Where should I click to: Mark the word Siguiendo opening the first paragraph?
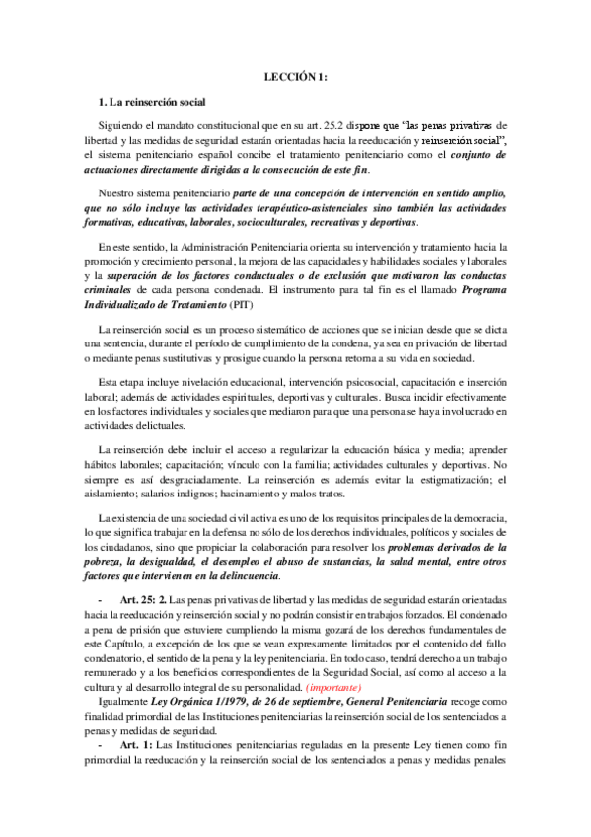tap(125, 125)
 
